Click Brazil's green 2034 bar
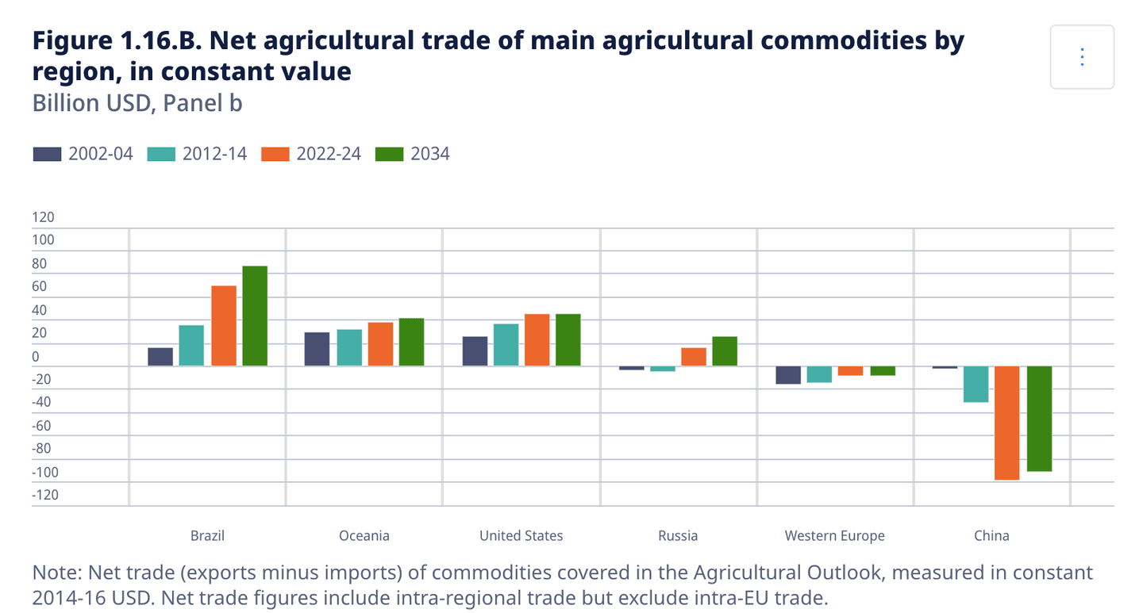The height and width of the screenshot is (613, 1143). (x=255, y=316)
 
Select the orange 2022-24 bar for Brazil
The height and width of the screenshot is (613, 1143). (x=223, y=326)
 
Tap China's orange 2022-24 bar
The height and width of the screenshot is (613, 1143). (x=1007, y=423)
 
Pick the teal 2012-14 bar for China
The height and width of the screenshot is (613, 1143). (x=976, y=384)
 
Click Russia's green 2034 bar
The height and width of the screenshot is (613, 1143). (x=725, y=351)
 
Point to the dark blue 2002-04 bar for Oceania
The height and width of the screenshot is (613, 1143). (x=317, y=349)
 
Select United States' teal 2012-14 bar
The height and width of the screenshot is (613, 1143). (x=506, y=345)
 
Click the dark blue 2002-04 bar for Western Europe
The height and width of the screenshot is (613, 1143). (x=788, y=374)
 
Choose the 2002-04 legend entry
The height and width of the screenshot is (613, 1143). (x=83, y=154)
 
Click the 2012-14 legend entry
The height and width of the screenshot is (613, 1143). (x=198, y=154)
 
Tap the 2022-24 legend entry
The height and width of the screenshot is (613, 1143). (x=312, y=154)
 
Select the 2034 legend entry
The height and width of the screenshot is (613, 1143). (x=413, y=154)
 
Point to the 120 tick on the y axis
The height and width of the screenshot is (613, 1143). (x=43, y=217)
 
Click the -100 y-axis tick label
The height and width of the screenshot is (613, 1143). (x=44, y=472)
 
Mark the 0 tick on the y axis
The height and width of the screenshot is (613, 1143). (x=36, y=356)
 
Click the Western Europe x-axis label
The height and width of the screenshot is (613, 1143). (x=834, y=536)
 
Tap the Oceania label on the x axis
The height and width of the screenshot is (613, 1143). (x=364, y=536)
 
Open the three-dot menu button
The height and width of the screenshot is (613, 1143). (x=1082, y=57)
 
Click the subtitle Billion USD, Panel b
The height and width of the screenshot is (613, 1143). (x=137, y=103)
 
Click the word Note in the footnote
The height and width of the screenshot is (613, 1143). (x=56, y=573)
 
